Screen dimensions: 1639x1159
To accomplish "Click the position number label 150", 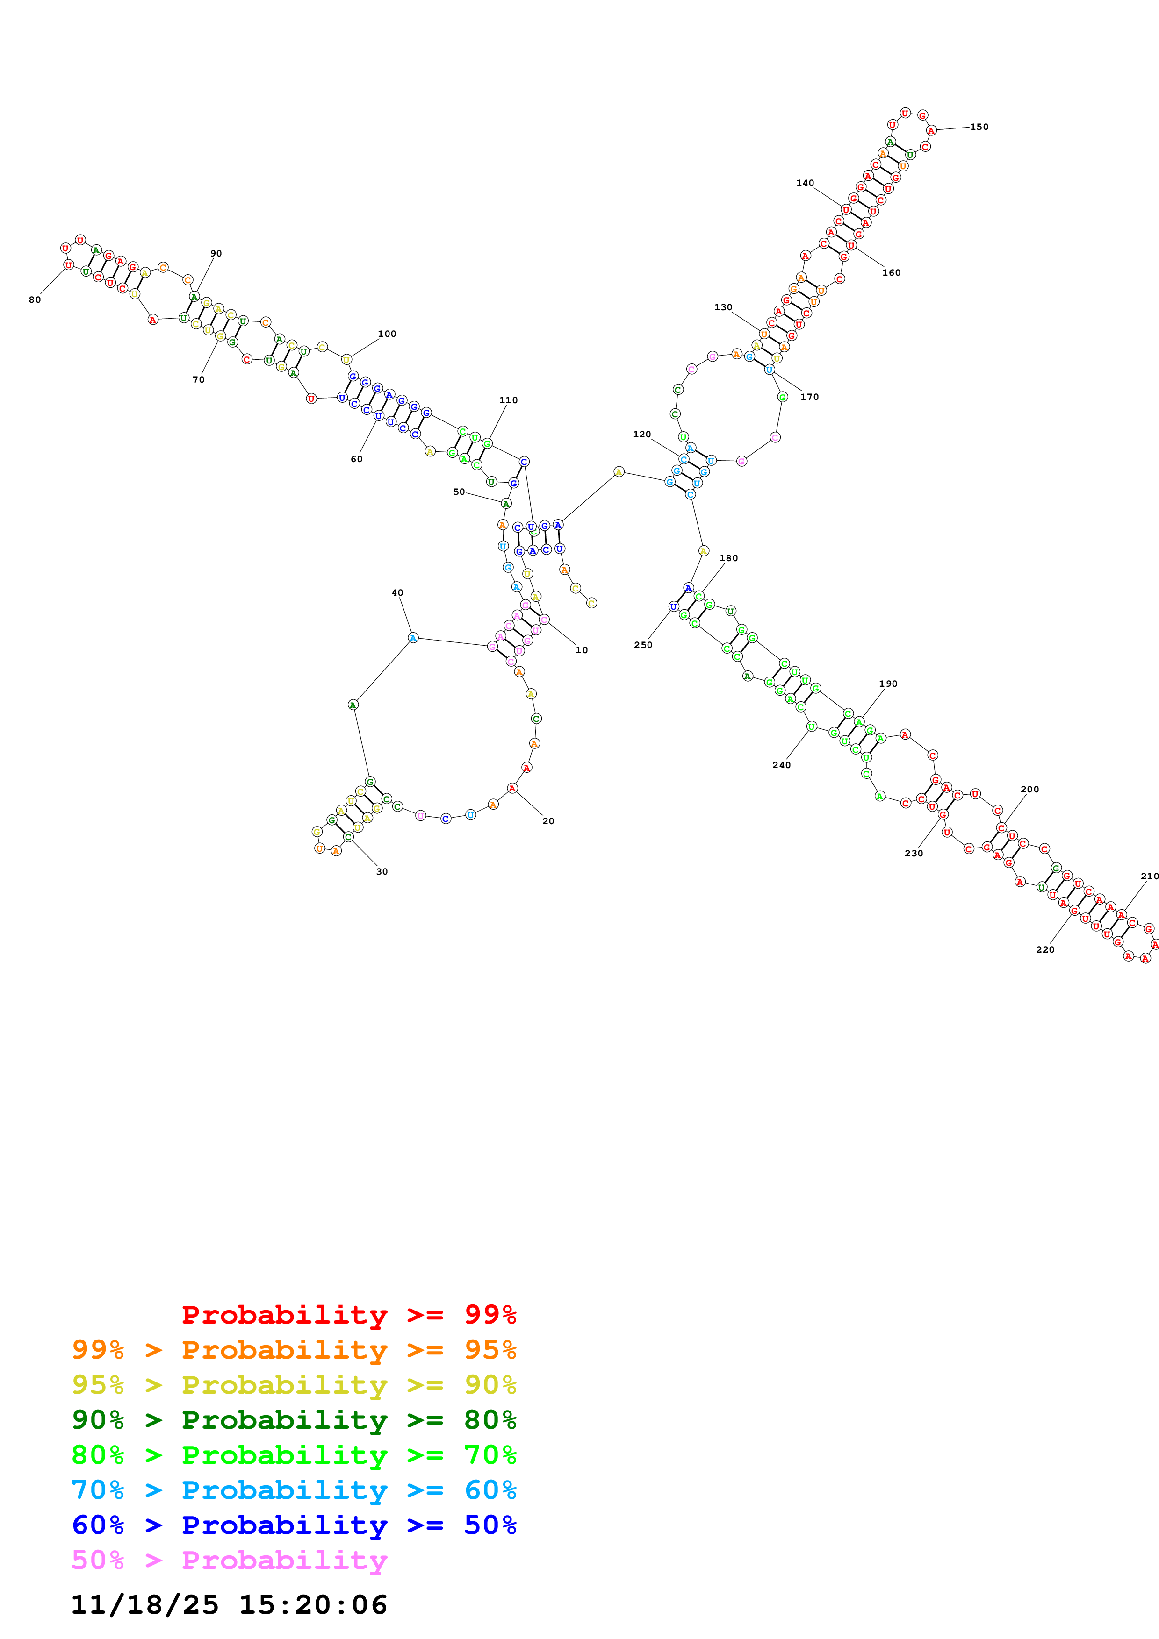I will (979, 127).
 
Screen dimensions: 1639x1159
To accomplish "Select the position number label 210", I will (1149, 876).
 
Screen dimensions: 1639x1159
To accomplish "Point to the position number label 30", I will (382, 872).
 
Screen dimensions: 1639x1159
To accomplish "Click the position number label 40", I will (397, 592).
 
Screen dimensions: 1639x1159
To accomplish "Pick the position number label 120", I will (641, 434).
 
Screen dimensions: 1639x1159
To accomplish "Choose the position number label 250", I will (643, 645).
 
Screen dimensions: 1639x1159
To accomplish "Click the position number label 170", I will (809, 397).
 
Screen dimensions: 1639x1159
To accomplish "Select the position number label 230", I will (914, 853).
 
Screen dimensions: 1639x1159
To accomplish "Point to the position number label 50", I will (459, 492).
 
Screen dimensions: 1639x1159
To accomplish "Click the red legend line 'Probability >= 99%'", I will (348, 1314).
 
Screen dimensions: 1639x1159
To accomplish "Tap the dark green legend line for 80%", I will (294, 1420).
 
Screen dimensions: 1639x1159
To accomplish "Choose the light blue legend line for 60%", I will (294, 1490).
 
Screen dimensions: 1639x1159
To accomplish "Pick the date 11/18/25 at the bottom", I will (144, 1605).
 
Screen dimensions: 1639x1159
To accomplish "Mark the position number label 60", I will (356, 459).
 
